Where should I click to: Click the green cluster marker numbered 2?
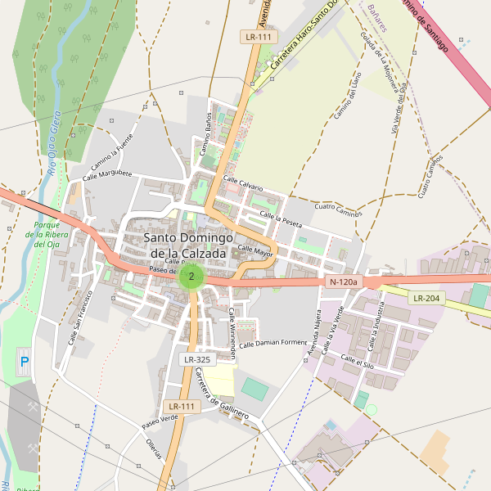click(x=191, y=276)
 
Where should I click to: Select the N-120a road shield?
click(x=343, y=282)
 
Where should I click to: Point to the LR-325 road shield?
click(x=196, y=359)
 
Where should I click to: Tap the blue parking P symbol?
click(x=24, y=361)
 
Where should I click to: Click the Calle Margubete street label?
click(x=107, y=174)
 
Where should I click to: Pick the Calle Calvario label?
click(x=243, y=184)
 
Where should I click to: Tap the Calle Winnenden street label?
click(x=232, y=334)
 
